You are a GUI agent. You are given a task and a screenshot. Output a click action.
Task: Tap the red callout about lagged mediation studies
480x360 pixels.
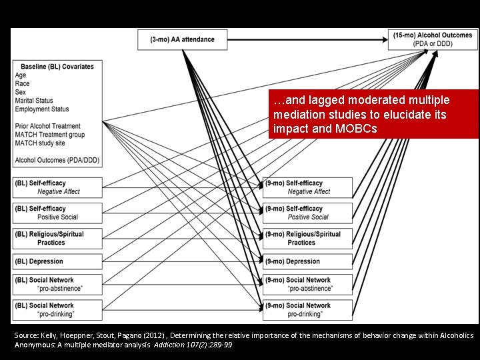click(x=373, y=113)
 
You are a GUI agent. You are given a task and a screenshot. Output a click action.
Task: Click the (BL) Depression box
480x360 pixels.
click(x=57, y=261)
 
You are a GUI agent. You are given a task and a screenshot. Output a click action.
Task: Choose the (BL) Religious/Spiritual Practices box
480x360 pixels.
click(x=57, y=238)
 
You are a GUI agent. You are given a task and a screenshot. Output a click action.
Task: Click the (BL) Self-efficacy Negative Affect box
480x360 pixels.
click(x=57, y=187)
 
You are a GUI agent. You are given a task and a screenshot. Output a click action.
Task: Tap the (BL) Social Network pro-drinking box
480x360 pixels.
click(x=57, y=309)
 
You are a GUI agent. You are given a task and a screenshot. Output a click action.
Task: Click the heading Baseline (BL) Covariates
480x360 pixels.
click(x=57, y=67)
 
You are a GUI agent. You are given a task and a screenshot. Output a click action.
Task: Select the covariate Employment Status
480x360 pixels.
click(x=42, y=109)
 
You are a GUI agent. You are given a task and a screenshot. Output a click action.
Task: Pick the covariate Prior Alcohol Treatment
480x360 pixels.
click(x=47, y=126)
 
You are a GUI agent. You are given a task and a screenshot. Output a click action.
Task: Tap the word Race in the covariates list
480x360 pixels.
click(x=22, y=84)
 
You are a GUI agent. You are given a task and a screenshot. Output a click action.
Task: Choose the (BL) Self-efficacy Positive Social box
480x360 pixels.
click(x=57, y=213)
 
